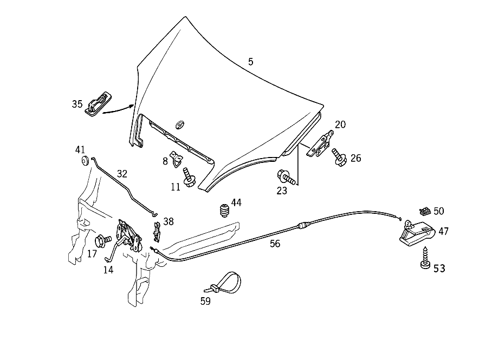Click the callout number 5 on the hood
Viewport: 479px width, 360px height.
(250, 62)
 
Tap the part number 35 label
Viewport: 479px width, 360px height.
(77, 104)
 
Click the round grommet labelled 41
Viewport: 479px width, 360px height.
(85, 160)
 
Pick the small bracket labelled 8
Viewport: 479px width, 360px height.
(177, 159)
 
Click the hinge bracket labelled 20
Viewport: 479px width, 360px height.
(321, 143)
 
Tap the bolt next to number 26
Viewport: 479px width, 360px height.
(339, 157)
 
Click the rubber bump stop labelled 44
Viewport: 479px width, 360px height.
(224, 211)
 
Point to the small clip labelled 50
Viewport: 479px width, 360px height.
(425, 211)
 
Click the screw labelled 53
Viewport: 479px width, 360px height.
(425, 258)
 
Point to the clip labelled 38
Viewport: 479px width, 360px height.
(157, 232)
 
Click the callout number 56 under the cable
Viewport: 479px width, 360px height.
(275, 244)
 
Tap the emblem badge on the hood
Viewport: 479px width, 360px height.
(180, 124)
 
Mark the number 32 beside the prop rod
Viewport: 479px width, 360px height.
(122, 174)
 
